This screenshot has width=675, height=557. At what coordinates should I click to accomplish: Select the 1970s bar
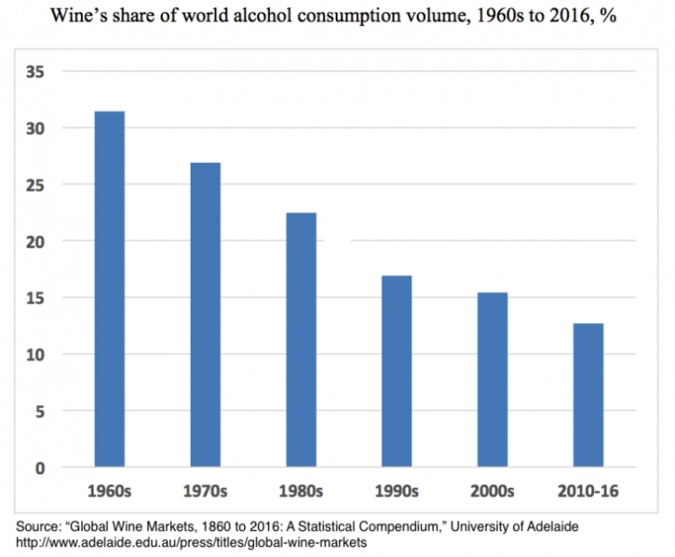[x=204, y=315]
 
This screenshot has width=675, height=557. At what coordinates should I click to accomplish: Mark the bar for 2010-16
[x=587, y=395]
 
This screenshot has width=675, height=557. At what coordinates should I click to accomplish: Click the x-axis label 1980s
[x=300, y=492]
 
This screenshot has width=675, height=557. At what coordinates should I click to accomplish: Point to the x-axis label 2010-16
[x=587, y=492]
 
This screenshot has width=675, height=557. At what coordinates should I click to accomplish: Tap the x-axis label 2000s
[x=491, y=492]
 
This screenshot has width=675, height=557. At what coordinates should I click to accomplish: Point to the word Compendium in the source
[x=420, y=525]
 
